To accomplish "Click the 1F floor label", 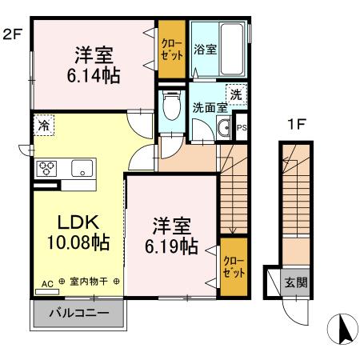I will (x=295, y=126).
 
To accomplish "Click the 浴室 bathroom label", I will (x=204, y=49).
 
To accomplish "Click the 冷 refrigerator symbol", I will (x=45, y=125).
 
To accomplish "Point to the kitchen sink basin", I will (x=82, y=169).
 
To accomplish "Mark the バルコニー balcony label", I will (x=78, y=312).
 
